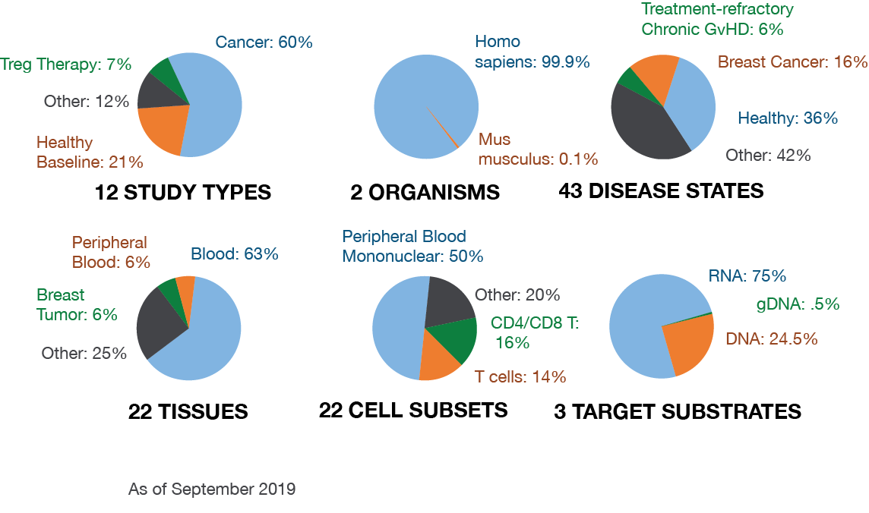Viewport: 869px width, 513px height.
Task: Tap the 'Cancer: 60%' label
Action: (x=264, y=42)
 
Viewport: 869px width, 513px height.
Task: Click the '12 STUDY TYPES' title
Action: (x=183, y=193)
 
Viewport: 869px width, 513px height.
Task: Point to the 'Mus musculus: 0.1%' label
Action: (x=538, y=149)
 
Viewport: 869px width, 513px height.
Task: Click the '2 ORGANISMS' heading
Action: (x=425, y=193)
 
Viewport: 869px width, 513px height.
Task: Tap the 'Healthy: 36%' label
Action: (x=788, y=118)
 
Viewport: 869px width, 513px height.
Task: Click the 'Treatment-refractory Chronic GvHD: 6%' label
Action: (x=718, y=19)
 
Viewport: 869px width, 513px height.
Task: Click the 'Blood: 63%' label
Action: (x=235, y=254)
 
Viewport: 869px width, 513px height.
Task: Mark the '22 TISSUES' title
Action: (x=188, y=412)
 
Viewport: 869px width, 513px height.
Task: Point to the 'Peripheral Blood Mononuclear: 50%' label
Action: (x=412, y=247)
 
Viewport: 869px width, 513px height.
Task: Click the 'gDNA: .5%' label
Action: (x=798, y=304)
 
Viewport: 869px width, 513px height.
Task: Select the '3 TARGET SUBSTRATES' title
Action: (x=678, y=412)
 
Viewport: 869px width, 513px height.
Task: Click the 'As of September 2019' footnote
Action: (x=212, y=489)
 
